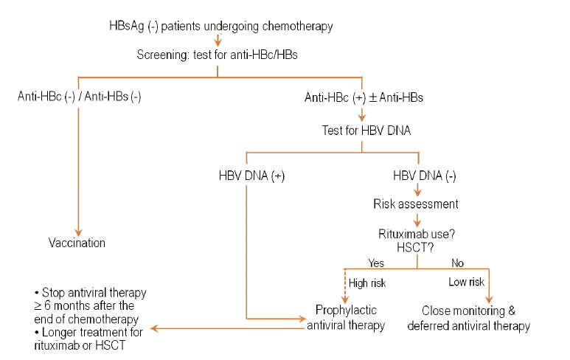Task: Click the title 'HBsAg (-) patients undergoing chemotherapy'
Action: [221, 26]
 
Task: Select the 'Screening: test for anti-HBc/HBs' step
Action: [217, 55]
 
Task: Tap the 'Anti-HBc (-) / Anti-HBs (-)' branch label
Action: [79, 97]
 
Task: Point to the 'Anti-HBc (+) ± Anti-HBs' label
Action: [364, 97]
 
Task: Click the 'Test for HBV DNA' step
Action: [366, 131]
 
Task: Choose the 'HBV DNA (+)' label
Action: [251, 176]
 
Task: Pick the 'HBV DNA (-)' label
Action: [425, 176]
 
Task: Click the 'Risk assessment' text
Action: [415, 204]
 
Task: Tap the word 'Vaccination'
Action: [77, 243]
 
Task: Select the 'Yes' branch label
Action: [376, 263]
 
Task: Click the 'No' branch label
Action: [457, 263]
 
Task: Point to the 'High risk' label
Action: [367, 283]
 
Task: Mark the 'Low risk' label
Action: [466, 282]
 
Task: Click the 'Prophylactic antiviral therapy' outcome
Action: [346, 317]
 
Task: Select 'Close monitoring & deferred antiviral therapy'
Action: [468, 318]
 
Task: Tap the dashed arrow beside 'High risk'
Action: [344, 285]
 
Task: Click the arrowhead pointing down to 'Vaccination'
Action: [78, 232]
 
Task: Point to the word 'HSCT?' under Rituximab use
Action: [415, 248]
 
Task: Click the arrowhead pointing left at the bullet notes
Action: [154, 328]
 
